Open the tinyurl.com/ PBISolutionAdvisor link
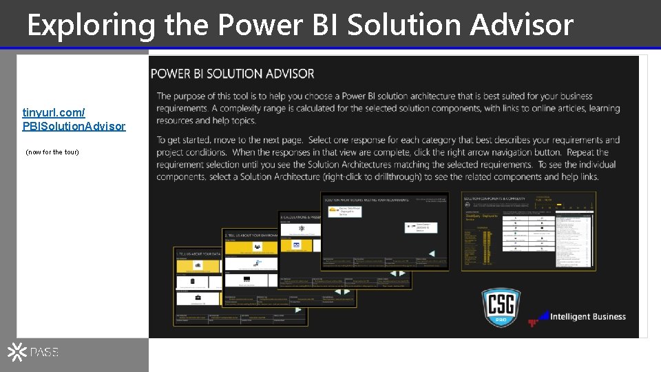click(x=74, y=119)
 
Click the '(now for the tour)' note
click(x=52, y=152)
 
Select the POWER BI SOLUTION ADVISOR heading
click(x=232, y=74)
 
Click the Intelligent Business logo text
click(x=587, y=317)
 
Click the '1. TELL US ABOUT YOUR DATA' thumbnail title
click(x=200, y=254)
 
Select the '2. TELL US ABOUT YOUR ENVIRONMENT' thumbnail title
click(x=251, y=235)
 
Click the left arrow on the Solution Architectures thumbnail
click(x=432, y=253)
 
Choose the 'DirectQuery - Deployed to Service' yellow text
click(x=481, y=216)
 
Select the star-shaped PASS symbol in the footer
click(x=17, y=353)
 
